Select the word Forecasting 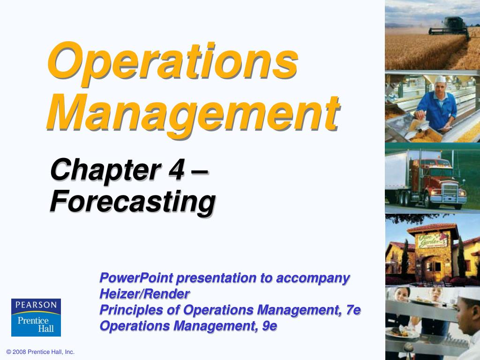pyautogui.click(x=133, y=202)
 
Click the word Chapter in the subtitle pyautogui.click(x=106, y=170)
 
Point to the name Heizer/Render pyautogui.click(x=144, y=294)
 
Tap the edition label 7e pyautogui.click(x=353, y=310)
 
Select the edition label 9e pyautogui.click(x=270, y=326)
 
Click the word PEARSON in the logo pyautogui.click(x=36, y=305)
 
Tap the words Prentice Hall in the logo pyautogui.click(x=36, y=325)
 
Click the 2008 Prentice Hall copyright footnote pyautogui.click(x=40, y=352)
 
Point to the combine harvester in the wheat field pyautogui.click(x=450, y=27)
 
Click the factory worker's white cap pyautogui.click(x=441, y=79)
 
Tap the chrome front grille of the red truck pyautogui.click(x=450, y=190)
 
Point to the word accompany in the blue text pyautogui.click(x=313, y=278)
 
